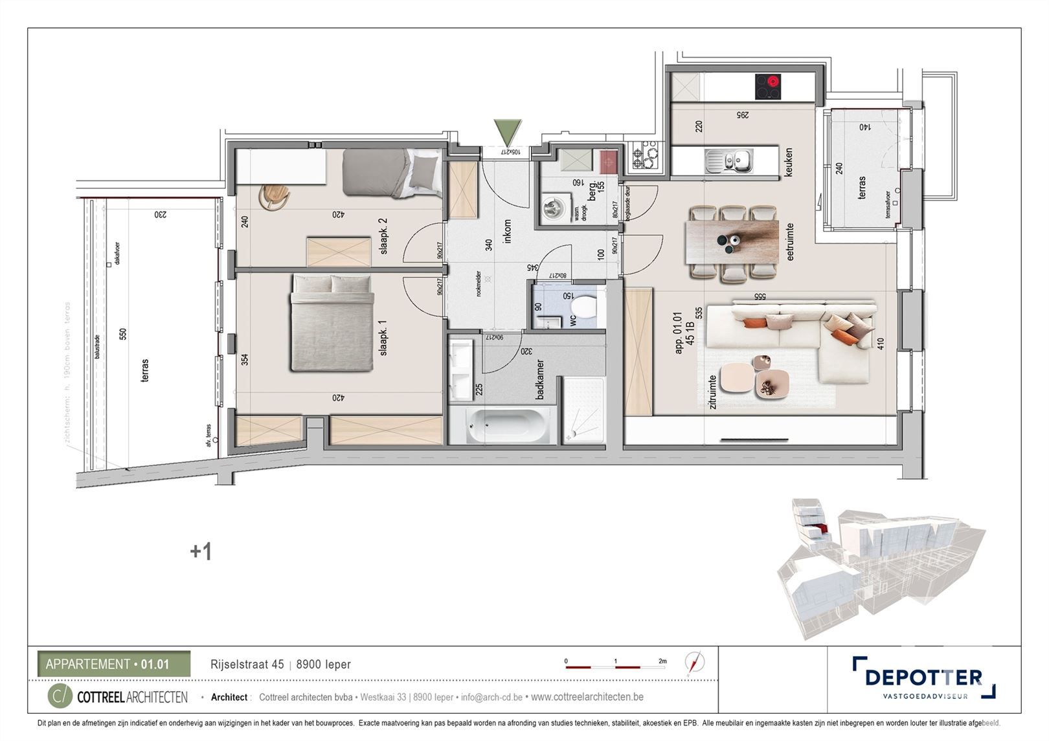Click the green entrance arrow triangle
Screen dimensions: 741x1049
(x=507, y=132)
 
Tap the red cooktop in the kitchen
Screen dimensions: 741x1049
(x=767, y=86)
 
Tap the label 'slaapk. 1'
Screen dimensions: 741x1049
(x=383, y=341)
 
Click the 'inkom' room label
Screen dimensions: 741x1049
(x=507, y=231)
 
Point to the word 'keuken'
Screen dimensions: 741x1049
(x=788, y=162)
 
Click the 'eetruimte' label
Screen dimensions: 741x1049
(x=790, y=242)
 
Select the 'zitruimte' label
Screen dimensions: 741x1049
(x=712, y=392)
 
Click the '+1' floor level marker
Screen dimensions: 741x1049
(x=201, y=551)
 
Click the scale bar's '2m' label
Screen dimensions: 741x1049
(x=662, y=661)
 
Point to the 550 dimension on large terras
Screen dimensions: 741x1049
(x=123, y=334)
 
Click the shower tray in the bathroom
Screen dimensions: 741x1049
(x=583, y=411)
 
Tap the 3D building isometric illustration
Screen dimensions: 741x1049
(x=881, y=566)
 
